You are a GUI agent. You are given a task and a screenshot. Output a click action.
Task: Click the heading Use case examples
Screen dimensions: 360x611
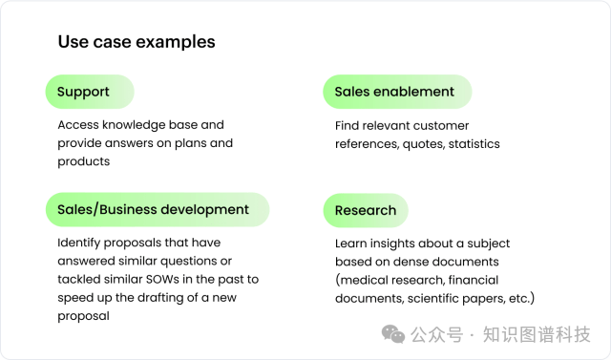pyautogui.click(x=137, y=42)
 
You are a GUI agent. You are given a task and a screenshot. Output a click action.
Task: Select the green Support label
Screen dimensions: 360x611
pyautogui.click(x=84, y=92)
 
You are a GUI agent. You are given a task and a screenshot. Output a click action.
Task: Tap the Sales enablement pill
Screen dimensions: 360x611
pyautogui.click(x=394, y=92)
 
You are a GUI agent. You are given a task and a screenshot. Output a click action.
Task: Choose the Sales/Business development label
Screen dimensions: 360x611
pyautogui.click(x=153, y=209)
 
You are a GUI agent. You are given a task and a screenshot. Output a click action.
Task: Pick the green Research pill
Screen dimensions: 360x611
pyautogui.click(x=365, y=210)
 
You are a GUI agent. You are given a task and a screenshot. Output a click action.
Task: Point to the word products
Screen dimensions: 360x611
pyautogui.click(x=84, y=161)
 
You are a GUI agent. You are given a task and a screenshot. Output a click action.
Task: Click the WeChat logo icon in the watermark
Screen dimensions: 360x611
pyautogui.click(x=393, y=333)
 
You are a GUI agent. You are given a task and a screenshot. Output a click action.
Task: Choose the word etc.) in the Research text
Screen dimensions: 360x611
pyautogui.click(x=520, y=299)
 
